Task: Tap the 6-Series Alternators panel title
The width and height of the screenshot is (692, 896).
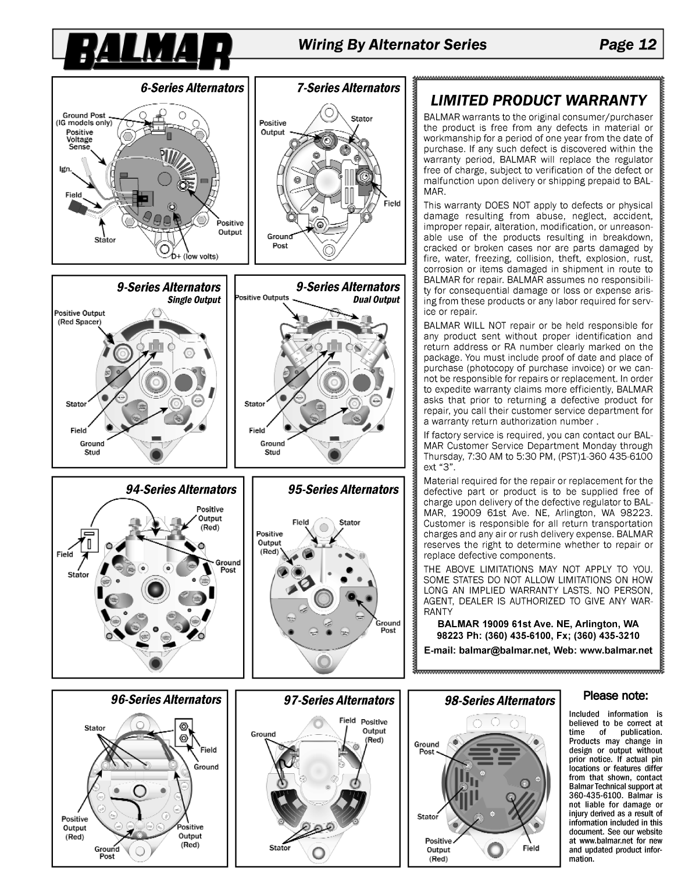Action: tap(192, 88)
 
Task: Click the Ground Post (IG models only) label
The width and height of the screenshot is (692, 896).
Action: tap(84, 119)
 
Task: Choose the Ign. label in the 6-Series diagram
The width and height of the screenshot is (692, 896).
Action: tap(65, 169)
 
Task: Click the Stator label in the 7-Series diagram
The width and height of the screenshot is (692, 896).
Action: tap(361, 119)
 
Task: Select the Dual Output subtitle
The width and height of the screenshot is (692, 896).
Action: tap(376, 300)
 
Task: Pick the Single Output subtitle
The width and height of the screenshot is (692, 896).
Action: tap(194, 300)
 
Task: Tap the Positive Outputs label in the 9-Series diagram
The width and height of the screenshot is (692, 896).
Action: tap(262, 297)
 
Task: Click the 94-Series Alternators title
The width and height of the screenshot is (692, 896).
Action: tap(181, 489)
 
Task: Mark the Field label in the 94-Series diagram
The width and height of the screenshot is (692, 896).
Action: tap(65, 554)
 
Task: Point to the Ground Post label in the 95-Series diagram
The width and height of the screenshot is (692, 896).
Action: tap(387, 627)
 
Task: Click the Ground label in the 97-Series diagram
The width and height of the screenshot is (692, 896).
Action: tap(263, 734)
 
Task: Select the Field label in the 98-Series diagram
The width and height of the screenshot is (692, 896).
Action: tap(530, 848)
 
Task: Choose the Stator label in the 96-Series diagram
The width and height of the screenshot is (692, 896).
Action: tap(95, 728)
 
